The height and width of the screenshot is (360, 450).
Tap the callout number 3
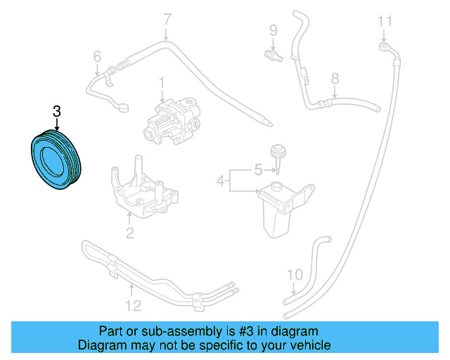pyautogui.click(x=57, y=111)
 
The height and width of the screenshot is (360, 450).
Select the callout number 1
pyautogui.click(x=161, y=84)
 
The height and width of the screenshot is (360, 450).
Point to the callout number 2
pyautogui.click(x=129, y=233)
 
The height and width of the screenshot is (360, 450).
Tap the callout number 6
pyautogui.click(x=97, y=56)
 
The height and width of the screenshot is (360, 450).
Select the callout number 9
pyautogui.click(x=274, y=30)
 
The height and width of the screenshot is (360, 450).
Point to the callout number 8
pyautogui.click(x=335, y=79)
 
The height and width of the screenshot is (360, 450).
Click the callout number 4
pyautogui.click(x=221, y=181)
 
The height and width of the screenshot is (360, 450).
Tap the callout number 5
pyautogui.click(x=257, y=169)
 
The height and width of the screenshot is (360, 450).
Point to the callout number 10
pyautogui.click(x=295, y=274)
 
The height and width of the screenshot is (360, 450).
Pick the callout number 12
pyautogui.click(x=133, y=304)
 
